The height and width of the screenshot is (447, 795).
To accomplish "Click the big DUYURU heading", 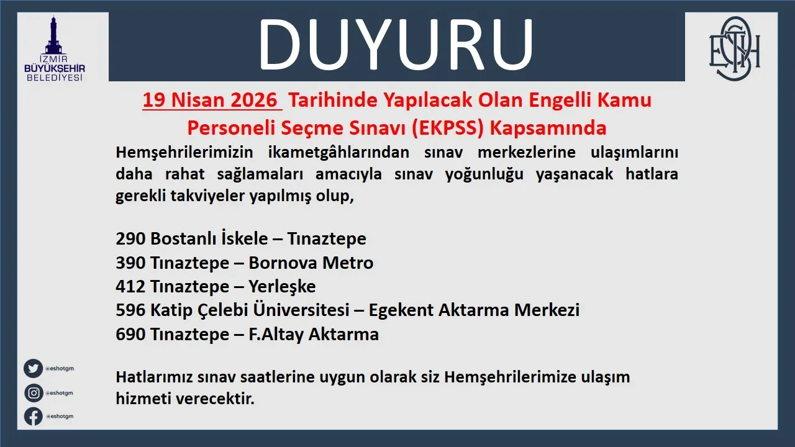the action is pos(396,44).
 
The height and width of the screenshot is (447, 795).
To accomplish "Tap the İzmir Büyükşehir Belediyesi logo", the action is pos(55,48).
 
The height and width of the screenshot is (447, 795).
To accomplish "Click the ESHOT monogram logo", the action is pos(734,48).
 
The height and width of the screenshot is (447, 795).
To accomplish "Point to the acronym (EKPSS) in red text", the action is pos(448,128).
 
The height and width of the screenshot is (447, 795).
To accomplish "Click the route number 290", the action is pos(130,238).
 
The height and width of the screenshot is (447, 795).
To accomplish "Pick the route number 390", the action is pos(130,263).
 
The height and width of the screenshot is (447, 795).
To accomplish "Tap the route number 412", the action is pos(130,286).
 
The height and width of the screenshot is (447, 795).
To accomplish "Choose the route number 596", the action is pos(130,310).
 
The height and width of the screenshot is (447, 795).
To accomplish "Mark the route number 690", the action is pos(130,334).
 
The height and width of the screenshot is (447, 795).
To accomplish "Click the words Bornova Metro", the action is pos(311,263).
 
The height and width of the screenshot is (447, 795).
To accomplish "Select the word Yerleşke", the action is pos(282,287).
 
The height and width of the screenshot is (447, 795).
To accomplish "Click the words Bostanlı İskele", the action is pos(209,238).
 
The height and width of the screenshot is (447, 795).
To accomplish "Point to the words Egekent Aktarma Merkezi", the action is pos(474,310).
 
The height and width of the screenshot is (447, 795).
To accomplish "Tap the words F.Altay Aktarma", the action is pos(314,335).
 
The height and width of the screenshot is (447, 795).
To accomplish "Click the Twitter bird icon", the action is pos(34,368).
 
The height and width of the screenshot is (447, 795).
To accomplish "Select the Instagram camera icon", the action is pos(34,393).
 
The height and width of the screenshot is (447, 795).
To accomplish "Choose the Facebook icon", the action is pos(34,416).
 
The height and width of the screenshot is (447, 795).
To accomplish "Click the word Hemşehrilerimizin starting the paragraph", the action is pos(184,153).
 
